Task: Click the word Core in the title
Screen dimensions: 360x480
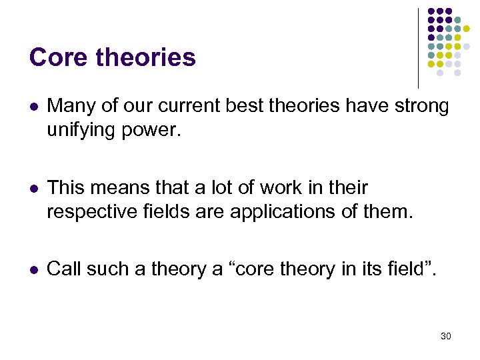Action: point(58,57)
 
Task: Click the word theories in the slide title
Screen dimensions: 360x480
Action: point(145,57)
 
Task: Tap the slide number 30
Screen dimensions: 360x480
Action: point(445,336)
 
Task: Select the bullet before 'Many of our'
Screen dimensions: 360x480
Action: point(33,107)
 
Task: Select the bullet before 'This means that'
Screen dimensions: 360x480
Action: point(33,188)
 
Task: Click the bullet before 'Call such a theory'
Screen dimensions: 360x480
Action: point(33,269)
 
